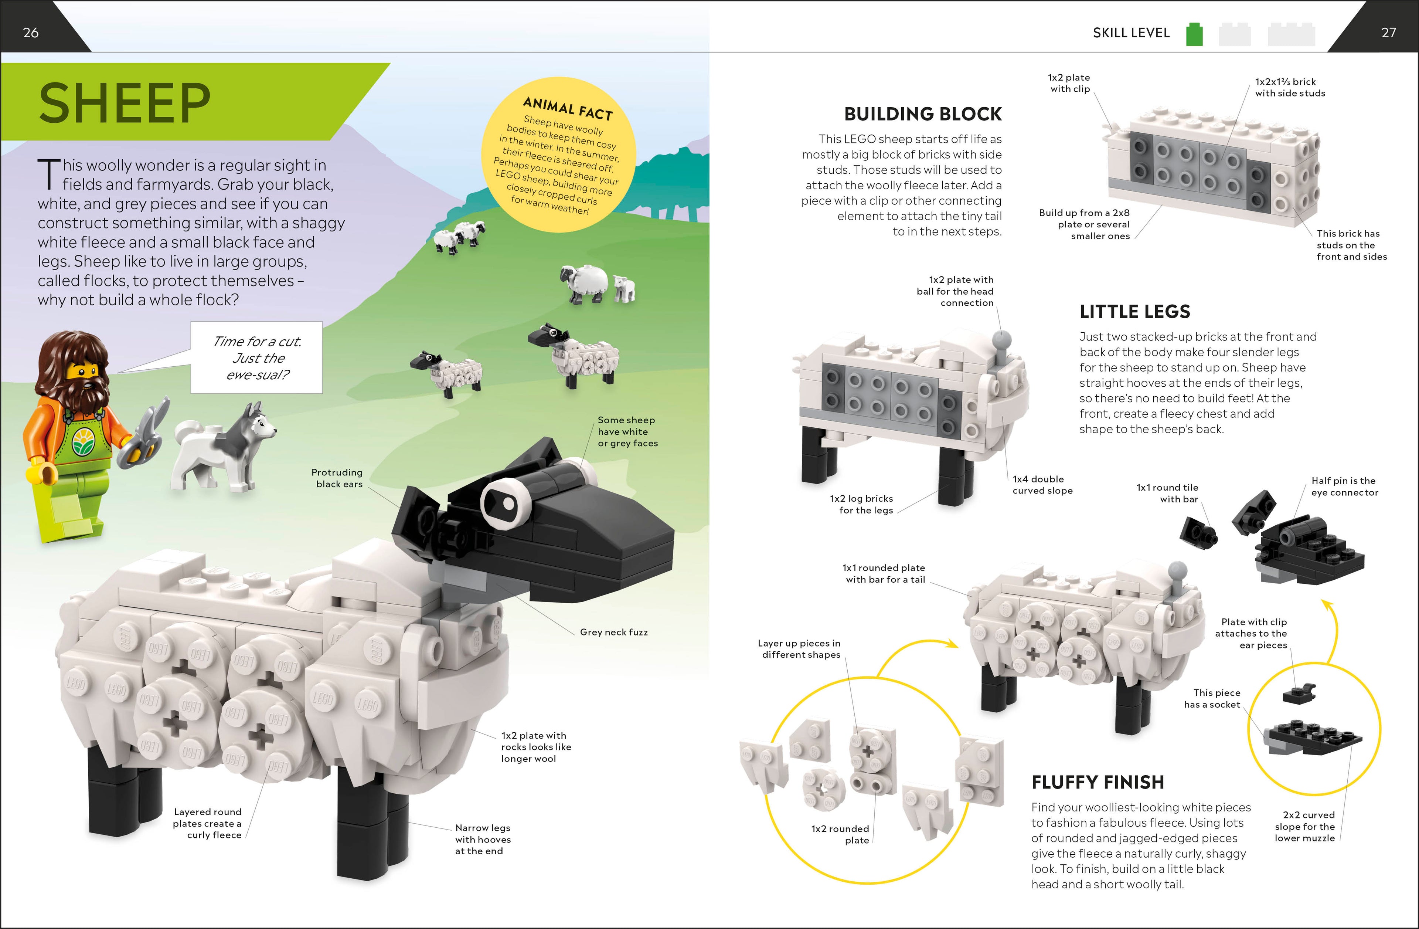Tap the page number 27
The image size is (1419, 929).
pos(1388,33)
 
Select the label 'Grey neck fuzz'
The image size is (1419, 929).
pos(613,632)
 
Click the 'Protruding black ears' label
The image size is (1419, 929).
pos(337,478)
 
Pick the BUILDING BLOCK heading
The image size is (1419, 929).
pos(922,114)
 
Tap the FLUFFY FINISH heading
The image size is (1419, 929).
pos(1097,782)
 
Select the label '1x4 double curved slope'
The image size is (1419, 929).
pos(1042,485)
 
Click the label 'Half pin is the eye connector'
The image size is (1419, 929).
pos(1344,486)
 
